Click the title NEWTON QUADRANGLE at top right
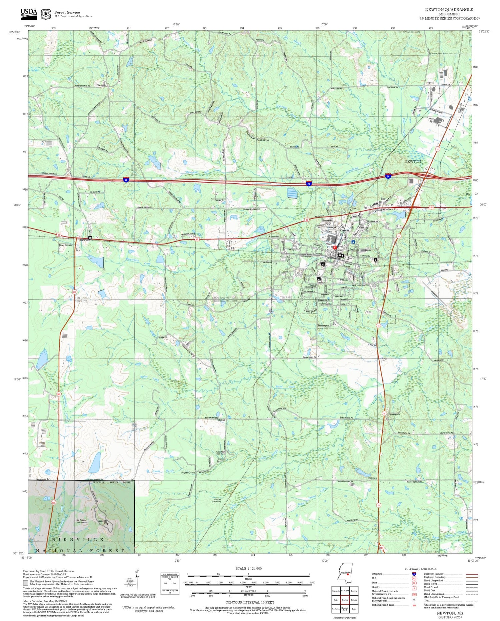[x=449, y=10]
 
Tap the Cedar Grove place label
[x=263, y=140]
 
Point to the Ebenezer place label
[x=101, y=85]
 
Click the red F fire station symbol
[x=335, y=247]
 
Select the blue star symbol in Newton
[x=353, y=242]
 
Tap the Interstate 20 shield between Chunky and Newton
[x=309, y=183]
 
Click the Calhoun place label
[x=372, y=478]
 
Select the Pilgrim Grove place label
[x=188, y=473]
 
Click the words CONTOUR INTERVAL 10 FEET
[x=250, y=602]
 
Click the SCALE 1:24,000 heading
[x=248, y=568]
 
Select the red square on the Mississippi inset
[x=348, y=575]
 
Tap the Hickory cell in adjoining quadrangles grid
[x=354, y=600]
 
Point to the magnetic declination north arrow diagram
[x=137, y=581]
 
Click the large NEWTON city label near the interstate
[x=412, y=161]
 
